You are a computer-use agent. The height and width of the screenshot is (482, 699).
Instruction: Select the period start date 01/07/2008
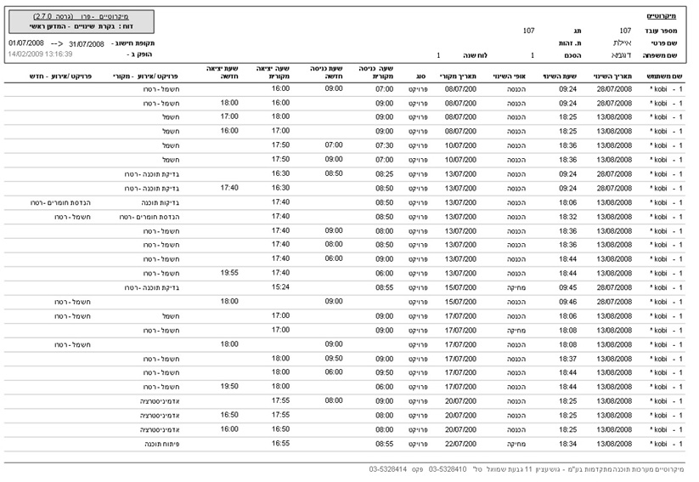click(26, 42)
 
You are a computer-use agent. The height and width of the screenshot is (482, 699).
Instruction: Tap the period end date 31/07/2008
click(86, 42)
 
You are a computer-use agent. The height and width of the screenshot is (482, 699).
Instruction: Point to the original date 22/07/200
click(459, 443)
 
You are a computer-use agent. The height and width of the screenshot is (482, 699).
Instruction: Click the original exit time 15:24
click(280, 287)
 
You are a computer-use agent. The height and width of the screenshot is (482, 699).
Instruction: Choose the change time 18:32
click(568, 216)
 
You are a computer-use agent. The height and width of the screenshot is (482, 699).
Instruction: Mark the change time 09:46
click(568, 301)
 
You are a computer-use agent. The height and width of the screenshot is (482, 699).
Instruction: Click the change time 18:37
click(568, 358)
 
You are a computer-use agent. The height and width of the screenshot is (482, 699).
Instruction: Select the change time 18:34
click(568, 443)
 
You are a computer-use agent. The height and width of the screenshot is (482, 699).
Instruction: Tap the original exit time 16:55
click(280, 443)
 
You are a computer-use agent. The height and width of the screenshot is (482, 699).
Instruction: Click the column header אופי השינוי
click(510, 77)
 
